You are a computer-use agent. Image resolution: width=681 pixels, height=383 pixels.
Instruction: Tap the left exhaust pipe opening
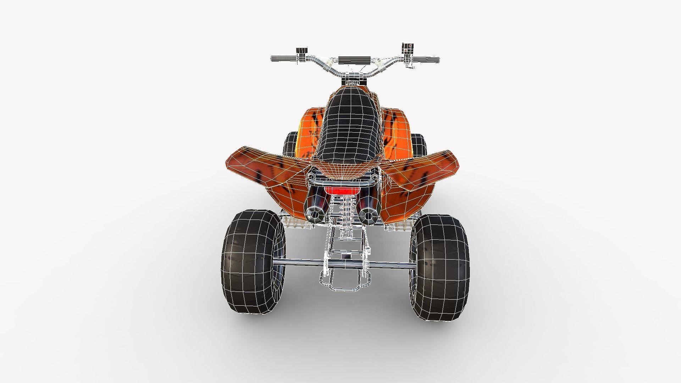click(314, 214)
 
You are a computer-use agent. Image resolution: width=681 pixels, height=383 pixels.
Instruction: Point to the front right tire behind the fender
click(419, 145)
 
